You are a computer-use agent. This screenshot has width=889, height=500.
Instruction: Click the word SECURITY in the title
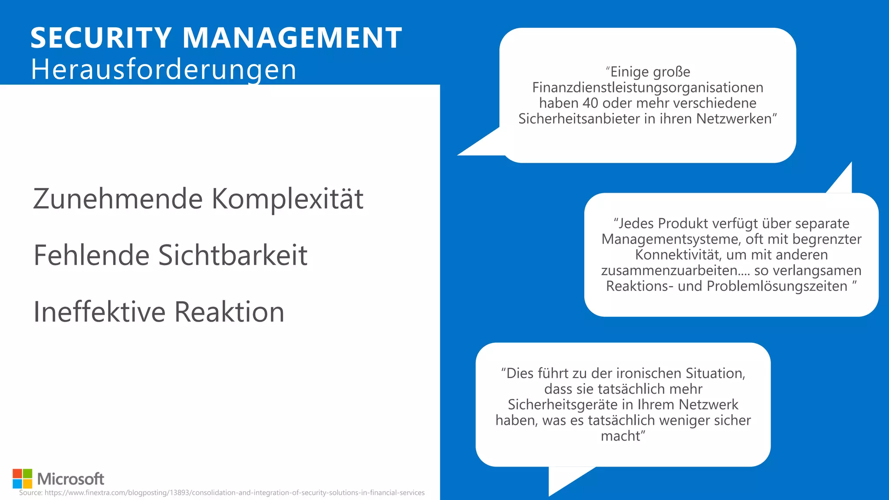coord(101,38)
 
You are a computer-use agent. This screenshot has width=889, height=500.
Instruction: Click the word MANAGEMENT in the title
coord(292,38)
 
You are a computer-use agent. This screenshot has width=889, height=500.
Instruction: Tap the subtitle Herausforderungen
coord(164,69)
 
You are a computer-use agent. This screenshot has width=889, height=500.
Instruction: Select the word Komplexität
coord(287,199)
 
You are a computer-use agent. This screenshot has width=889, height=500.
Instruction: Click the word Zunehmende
coord(118,199)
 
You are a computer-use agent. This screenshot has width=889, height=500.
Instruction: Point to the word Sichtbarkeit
coord(233,255)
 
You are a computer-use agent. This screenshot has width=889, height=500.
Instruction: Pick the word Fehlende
coord(92,255)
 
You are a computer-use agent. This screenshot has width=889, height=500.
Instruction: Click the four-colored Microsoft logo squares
coord(22,478)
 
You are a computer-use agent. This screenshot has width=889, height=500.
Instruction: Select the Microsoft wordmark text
coord(71,479)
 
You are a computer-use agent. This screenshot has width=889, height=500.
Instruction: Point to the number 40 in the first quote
coord(590,103)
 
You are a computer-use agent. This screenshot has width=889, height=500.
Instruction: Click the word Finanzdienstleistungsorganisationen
coord(648,87)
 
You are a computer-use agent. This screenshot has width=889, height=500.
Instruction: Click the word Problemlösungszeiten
coord(777,286)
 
